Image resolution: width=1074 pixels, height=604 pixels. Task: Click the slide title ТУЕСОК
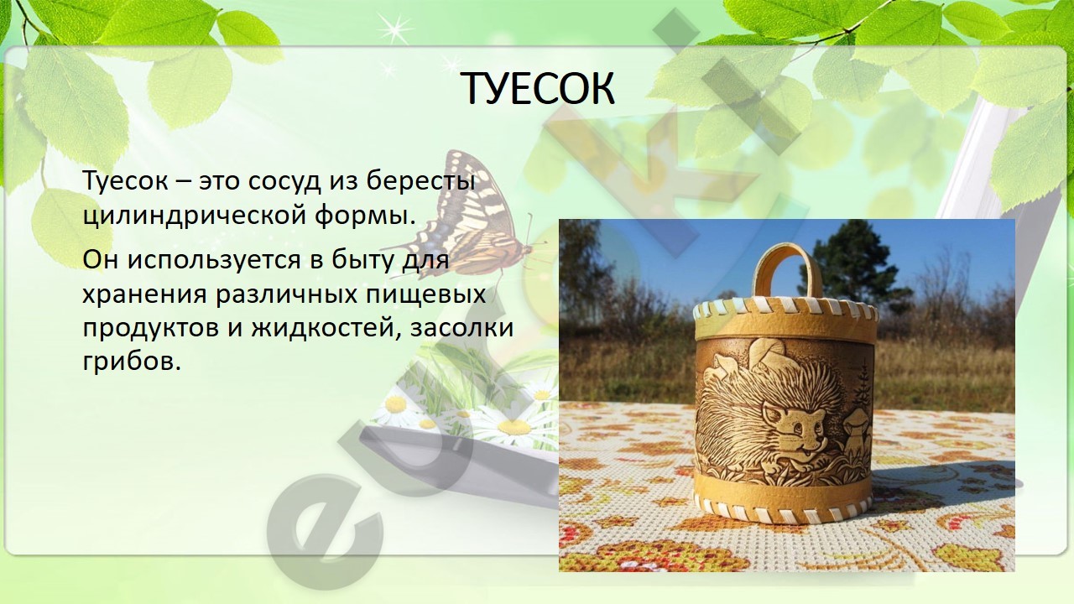pos(539,89)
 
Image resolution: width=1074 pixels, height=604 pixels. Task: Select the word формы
pos(364,217)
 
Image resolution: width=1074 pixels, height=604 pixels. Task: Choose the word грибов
pos(133,363)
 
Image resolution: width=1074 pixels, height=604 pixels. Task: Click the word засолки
pos(462,329)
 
